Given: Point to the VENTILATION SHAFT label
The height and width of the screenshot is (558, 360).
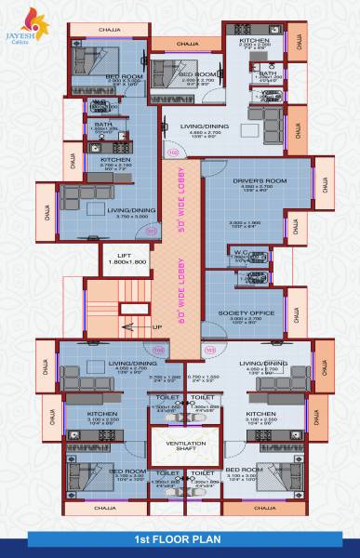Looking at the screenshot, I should (185, 445).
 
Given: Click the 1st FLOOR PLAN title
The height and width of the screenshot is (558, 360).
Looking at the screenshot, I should (180, 538).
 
